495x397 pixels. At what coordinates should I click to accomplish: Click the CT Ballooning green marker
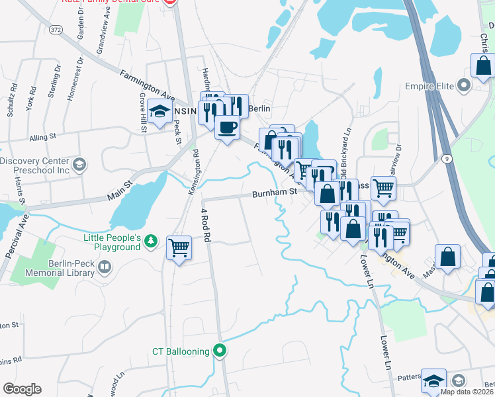220,351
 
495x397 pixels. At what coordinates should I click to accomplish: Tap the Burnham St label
273,195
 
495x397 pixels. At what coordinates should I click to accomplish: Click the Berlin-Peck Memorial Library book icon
104,267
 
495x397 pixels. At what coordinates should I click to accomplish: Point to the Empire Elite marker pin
463,85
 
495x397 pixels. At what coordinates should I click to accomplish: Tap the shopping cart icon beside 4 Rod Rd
179,247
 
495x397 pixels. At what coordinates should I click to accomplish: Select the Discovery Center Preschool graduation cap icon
79,164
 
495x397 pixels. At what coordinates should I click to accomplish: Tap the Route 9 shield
447,158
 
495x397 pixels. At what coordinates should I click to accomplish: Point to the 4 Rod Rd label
206,225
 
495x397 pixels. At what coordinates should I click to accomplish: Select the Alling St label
44,139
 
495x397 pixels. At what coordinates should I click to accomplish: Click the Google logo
21,389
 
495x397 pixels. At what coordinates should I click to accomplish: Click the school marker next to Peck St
160,112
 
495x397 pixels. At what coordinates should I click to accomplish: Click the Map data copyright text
467,392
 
